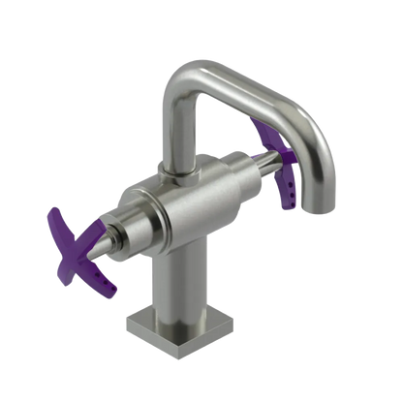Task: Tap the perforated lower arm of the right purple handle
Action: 289,189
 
